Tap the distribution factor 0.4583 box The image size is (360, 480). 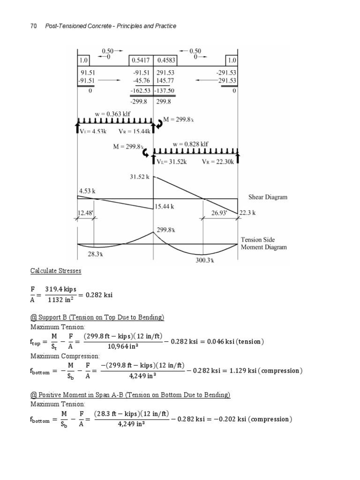166,60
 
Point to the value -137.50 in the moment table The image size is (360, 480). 165,90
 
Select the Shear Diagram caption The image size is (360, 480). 269,197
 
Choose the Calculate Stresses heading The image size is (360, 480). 56,271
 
